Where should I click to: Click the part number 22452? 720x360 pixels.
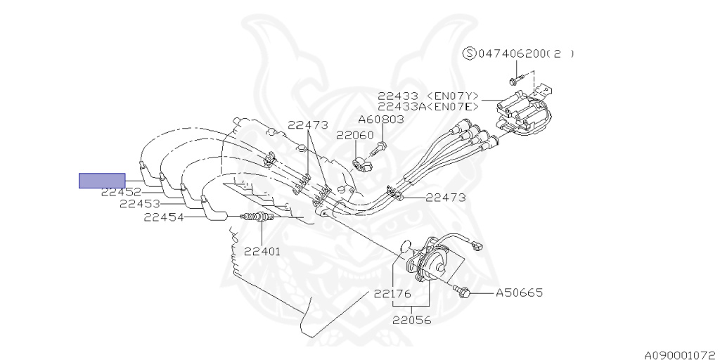point(121,193)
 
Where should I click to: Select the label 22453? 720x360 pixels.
point(140,204)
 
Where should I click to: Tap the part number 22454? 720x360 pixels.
point(164,217)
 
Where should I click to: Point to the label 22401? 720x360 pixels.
point(262,251)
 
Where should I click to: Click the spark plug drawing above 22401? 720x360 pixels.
point(257,217)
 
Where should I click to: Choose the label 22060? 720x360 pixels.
point(355,136)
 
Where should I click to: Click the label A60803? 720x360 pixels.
point(381,120)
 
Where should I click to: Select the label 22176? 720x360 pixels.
point(392,293)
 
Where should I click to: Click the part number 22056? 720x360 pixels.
point(412,320)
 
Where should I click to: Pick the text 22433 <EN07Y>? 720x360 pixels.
point(428,96)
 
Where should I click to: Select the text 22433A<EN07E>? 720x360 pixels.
point(428,107)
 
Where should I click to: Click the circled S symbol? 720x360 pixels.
point(469,53)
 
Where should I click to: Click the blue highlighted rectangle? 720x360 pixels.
point(102,181)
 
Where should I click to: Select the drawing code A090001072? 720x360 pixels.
point(681,355)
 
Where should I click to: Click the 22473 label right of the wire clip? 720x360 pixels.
point(445,198)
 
